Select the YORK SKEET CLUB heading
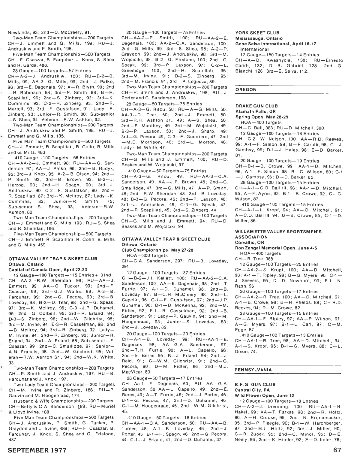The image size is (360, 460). (257, 33)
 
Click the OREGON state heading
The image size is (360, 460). (246, 90)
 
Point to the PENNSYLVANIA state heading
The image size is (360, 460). (253, 370)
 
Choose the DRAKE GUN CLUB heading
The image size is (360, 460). (256, 106)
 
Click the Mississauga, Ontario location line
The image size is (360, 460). (259, 38)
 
